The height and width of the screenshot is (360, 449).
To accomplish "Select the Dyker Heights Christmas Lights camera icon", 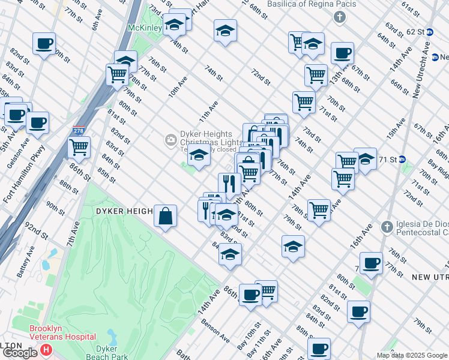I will coord(172,140).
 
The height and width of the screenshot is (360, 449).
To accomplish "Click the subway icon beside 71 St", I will coord(402,160).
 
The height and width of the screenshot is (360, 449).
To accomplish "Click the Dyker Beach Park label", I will coord(111,352).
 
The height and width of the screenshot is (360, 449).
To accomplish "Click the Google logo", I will coord(20,353).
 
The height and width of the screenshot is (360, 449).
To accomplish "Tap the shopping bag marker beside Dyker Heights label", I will coord(165,216).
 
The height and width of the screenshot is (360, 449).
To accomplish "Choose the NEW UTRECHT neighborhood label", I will coord(430,277).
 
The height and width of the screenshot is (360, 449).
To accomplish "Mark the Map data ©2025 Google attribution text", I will coord(411,355).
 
